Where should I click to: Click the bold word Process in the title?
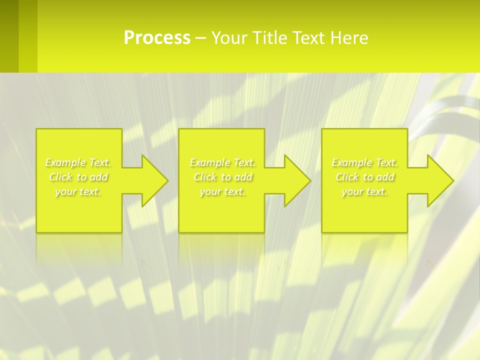click(157, 38)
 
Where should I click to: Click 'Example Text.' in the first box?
click(78, 162)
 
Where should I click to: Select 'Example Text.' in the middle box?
click(222, 162)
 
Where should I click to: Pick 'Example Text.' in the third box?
click(364, 162)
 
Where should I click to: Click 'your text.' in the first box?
click(78, 191)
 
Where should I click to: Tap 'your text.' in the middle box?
click(222, 191)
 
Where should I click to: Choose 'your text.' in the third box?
click(364, 191)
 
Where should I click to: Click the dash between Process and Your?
click(201, 38)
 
